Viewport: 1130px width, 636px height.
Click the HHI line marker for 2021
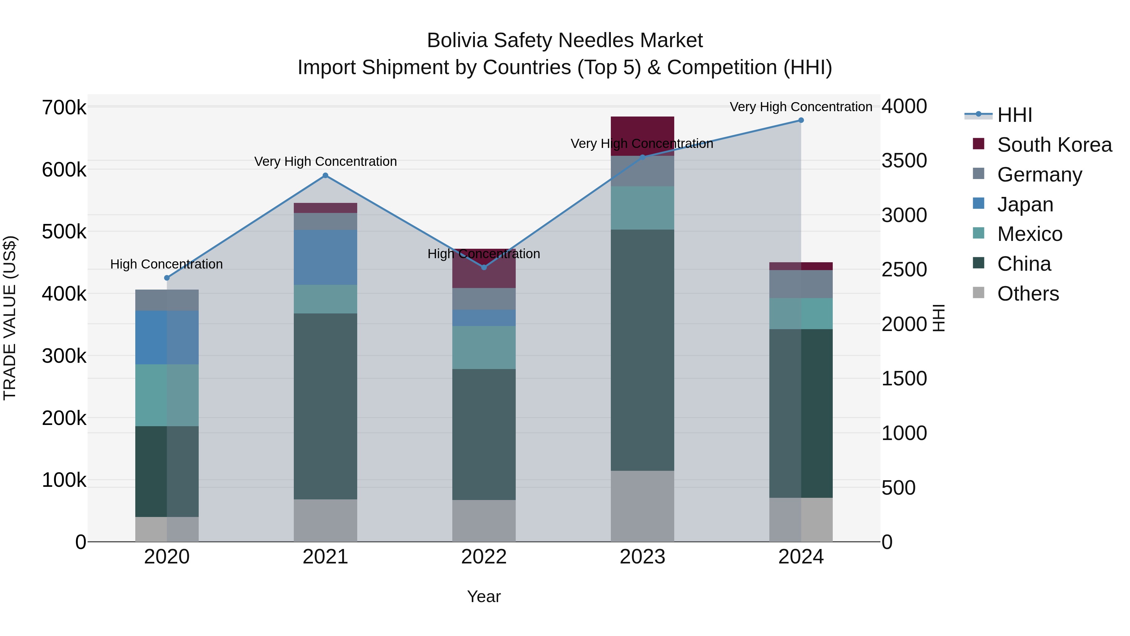pyautogui.click(x=326, y=176)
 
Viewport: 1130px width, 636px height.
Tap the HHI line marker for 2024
pyautogui.click(x=801, y=120)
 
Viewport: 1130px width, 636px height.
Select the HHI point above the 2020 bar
pyautogui.click(x=167, y=278)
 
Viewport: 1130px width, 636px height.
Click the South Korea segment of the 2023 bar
pyautogui.click(x=642, y=136)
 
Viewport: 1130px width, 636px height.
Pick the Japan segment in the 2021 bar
pyautogui.click(x=326, y=257)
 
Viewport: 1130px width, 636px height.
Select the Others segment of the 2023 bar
pyautogui.click(x=642, y=506)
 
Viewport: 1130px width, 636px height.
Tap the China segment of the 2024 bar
pyautogui.click(x=801, y=413)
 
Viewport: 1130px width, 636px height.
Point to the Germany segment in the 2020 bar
pyautogui.click(x=167, y=300)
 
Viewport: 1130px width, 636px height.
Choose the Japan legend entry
pyautogui.click(x=1025, y=204)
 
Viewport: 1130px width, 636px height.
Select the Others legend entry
pyautogui.click(x=1028, y=294)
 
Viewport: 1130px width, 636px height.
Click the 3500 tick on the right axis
pyautogui.click(x=904, y=160)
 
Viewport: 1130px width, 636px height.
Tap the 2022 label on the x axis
pyautogui.click(x=484, y=557)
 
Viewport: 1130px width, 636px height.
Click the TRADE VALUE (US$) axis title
pyautogui.click(x=10, y=318)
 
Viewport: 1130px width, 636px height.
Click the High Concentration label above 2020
pyautogui.click(x=167, y=264)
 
